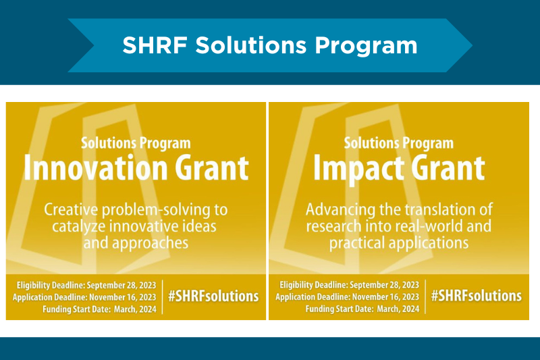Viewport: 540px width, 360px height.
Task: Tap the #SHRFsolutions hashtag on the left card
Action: coord(213,296)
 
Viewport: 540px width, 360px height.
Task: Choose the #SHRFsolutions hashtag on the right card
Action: coord(476,296)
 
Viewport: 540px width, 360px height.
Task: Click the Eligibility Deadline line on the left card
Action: coord(86,284)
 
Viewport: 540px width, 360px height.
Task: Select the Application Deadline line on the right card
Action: coord(348,297)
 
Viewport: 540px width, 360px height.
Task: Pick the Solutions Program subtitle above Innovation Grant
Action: coord(136,143)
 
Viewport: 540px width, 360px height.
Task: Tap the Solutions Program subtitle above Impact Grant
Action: coord(398,143)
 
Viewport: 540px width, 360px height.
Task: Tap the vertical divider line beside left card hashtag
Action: coord(163,296)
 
